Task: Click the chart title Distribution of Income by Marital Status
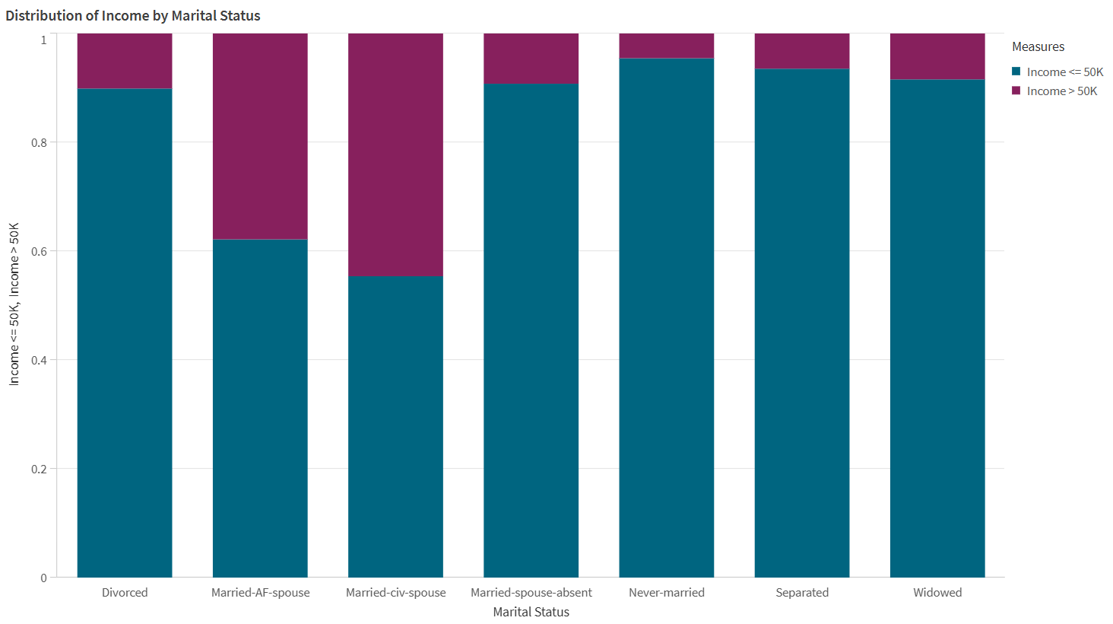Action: (133, 16)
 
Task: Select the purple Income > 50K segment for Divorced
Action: (125, 61)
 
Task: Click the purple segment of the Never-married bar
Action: (667, 46)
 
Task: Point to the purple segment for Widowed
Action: (937, 56)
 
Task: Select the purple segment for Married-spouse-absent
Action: (531, 58)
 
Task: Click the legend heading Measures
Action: (1038, 47)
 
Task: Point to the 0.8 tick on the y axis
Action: (39, 143)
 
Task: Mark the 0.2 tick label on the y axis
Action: (39, 470)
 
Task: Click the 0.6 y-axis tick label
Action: (39, 252)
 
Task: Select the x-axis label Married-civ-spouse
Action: (395, 593)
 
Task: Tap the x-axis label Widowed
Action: (937, 593)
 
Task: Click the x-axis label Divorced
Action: (125, 593)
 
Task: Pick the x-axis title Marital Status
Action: (531, 612)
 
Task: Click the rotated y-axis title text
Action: (14, 304)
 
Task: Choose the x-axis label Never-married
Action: (667, 593)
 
